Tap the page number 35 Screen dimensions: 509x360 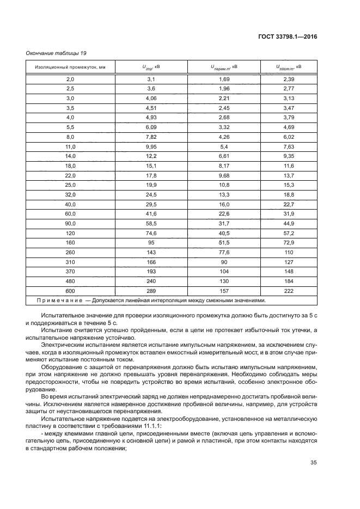tap(313, 463)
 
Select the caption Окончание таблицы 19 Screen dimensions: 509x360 tap(53, 53)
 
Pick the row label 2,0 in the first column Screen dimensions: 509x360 tap(70, 79)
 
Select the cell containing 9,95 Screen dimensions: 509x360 tap(151, 146)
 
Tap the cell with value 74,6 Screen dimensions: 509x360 tap(151, 233)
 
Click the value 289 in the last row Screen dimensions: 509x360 tap(151, 291)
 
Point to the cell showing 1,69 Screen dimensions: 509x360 tap(224, 79)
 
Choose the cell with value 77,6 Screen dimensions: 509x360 tap(224, 252)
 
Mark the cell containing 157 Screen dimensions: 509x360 tap(224, 291)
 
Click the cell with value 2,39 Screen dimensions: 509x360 tap(289, 79)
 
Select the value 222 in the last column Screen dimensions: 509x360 tap(289, 291)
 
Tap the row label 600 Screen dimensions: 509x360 tap(70, 291)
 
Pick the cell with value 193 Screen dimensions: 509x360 tap(151, 271)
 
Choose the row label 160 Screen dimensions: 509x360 tap(70, 242)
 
